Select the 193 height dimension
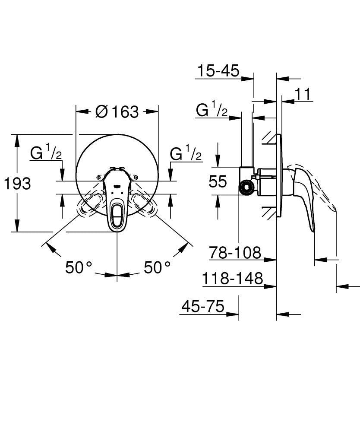tap(18, 184)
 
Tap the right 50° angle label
tap(157, 267)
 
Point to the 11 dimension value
tap(303, 94)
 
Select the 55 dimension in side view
tap(218, 181)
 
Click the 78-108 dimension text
tap(236, 253)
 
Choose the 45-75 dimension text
tap(203, 306)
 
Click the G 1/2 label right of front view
tap(186, 153)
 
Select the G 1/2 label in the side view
tap(212, 111)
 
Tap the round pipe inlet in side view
tap(246, 187)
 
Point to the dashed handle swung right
tap(144, 205)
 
